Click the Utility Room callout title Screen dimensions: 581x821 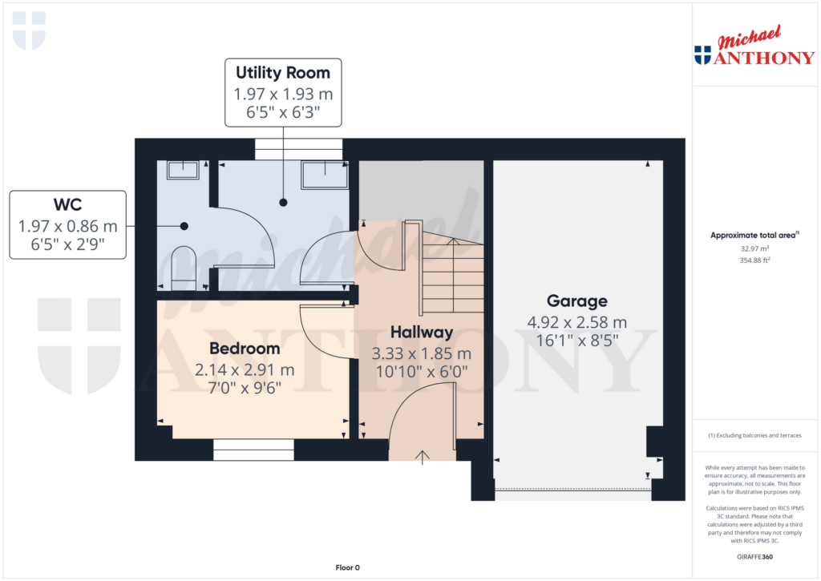(x=282, y=74)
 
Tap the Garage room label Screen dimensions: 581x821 (x=577, y=301)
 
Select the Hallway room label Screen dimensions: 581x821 (x=422, y=332)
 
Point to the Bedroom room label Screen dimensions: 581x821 (x=245, y=349)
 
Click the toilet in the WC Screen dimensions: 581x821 (x=184, y=265)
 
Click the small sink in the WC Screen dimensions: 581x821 (x=183, y=170)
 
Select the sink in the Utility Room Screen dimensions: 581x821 (x=324, y=171)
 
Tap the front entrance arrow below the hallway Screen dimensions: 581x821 (x=423, y=458)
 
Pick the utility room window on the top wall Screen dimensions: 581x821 (x=298, y=149)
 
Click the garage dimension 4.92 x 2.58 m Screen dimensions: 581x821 (x=576, y=322)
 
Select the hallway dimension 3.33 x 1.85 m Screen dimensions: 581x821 (x=422, y=353)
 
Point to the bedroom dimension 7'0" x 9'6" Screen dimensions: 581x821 (x=244, y=388)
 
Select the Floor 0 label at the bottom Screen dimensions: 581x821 (x=347, y=567)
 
